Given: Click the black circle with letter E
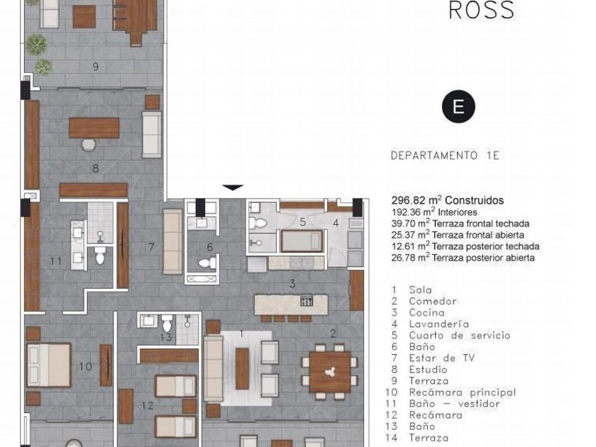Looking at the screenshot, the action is point(458,106).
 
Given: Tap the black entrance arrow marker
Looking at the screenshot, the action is point(233,187).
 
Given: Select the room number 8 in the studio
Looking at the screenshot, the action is point(95,168).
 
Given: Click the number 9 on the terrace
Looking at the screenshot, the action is point(95,67).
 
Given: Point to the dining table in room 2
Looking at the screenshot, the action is point(330,372).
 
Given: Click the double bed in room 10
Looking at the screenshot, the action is point(49,365).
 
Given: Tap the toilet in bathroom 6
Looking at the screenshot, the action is point(207,263).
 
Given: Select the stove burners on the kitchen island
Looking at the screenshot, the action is point(307,300).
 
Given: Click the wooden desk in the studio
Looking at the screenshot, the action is point(94,128).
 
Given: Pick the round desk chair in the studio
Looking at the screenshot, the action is point(89,145).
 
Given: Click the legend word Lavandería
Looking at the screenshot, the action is point(439,324).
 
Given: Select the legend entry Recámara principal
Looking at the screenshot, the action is point(462,392).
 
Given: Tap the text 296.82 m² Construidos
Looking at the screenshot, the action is point(448,200).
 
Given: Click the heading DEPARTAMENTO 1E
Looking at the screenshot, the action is point(445,155).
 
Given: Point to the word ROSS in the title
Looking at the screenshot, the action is point(482,10).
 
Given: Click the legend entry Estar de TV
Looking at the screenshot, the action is point(441,358).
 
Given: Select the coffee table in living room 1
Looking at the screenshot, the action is point(242,368).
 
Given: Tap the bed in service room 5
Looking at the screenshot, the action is point(302,241).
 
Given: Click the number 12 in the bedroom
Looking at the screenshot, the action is point(148,406).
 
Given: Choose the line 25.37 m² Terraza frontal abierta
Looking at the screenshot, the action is point(458,236).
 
